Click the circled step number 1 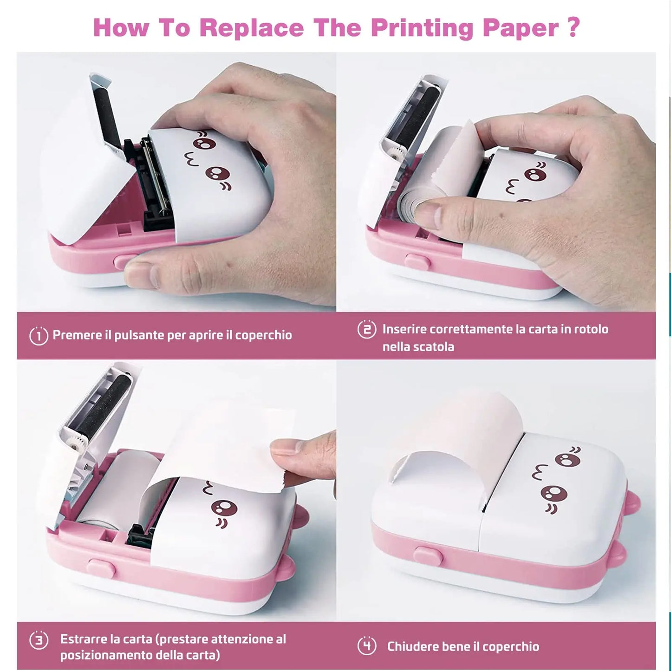[39, 335]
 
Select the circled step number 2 [367, 330]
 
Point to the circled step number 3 [39, 640]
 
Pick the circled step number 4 [367, 646]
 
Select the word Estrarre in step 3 [84, 639]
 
